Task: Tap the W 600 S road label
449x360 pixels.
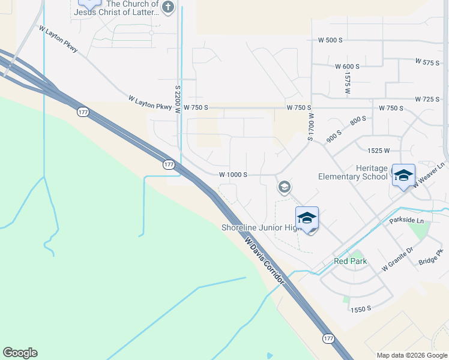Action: coord(347,66)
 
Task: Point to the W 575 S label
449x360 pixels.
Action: coord(427,62)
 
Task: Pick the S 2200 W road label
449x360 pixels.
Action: coord(178,99)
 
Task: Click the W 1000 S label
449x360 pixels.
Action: coord(233,175)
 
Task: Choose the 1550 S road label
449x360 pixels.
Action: coord(361,308)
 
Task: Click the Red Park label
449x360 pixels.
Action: coord(350,261)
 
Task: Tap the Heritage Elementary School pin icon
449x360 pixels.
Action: coord(403,175)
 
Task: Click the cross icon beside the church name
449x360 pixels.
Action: coord(168,7)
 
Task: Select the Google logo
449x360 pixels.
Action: coord(20,353)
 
